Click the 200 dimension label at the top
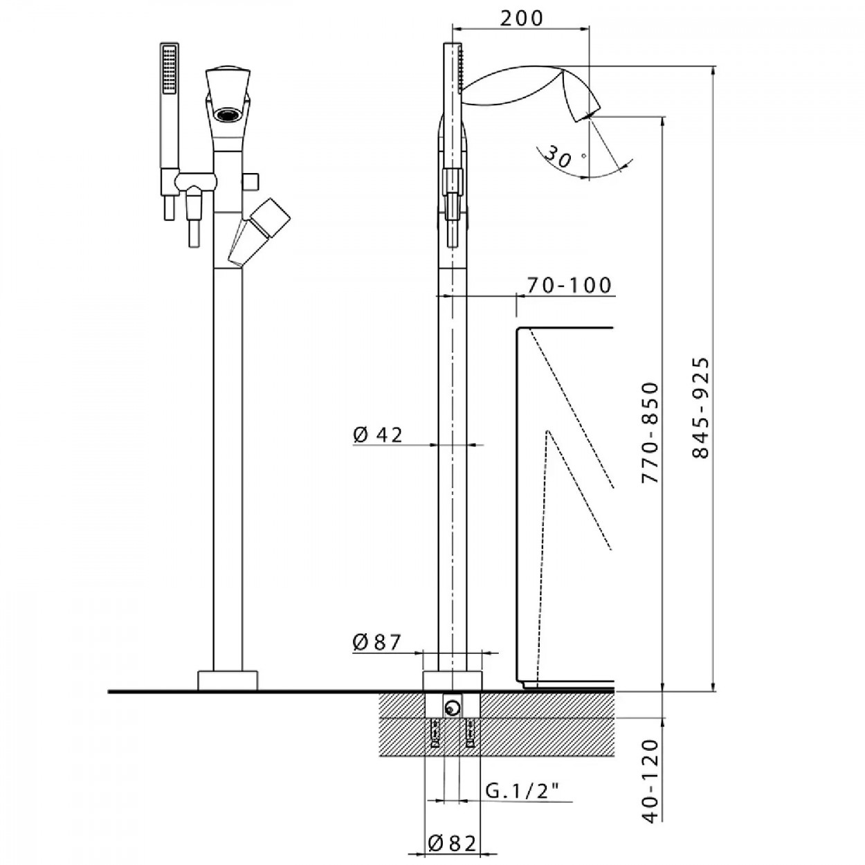[x=521, y=18]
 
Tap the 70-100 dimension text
[x=569, y=285]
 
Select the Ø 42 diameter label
[x=378, y=435]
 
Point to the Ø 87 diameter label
[x=376, y=643]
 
